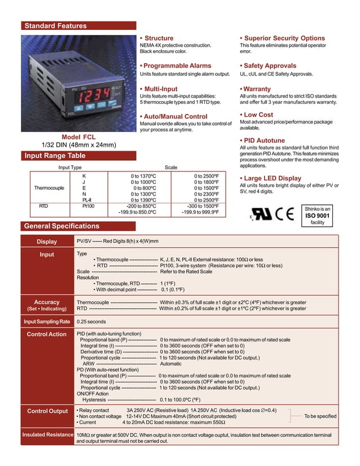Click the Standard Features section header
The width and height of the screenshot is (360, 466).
[x=55, y=26]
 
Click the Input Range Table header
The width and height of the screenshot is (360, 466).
[x=54, y=156]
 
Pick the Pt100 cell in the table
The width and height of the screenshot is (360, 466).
[x=88, y=206]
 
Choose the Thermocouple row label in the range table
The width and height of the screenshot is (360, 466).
[x=50, y=188]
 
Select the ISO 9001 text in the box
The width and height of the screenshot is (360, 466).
[x=318, y=216]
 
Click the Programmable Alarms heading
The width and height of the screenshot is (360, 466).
[x=175, y=66]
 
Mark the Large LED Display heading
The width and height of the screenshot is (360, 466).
[x=270, y=178]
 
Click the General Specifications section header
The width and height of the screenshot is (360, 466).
[x=62, y=226]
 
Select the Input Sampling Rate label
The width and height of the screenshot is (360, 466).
[x=47, y=322]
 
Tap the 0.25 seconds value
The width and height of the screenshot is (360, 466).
[x=91, y=322]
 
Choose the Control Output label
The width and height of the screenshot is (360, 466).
[x=47, y=411]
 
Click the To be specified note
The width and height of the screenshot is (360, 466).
[x=320, y=416]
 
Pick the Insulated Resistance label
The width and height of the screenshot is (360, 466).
[x=47, y=435]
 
